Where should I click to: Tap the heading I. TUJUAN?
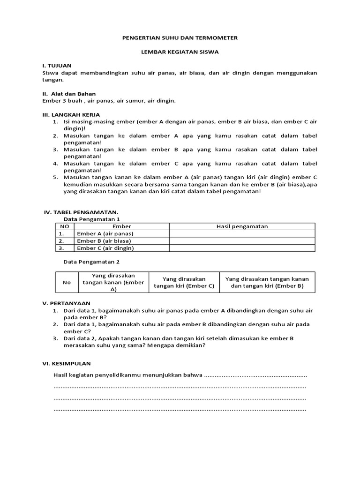pyautogui.click(x=57, y=66)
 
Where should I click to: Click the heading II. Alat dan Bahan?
pyautogui.click(x=69, y=94)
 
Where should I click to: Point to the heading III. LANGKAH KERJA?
pyautogui.click(x=71, y=115)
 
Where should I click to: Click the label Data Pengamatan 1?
pyautogui.click(x=92, y=219)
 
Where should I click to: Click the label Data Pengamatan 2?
pyautogui.click(x=92, y=262)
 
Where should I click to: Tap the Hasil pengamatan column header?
pyautogui.click(x=242, y=226)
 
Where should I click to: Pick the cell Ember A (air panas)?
pyautogui.click(x=105, y=233)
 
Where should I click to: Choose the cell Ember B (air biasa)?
pyautogui.click(x=104, y=241)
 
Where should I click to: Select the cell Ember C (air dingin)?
pyautogui.click(x=105, y=248)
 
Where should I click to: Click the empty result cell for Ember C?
pyautogui.click(x=242, y=248)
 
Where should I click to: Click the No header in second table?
pyautogui.click(x=67, y=282)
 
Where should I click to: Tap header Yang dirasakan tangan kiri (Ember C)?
pyautogui.click(x=184, y=282)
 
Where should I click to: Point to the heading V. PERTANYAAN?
pyautogui.click(x=67, y=303)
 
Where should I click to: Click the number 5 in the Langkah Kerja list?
pyautogui.click(x=55, y=177)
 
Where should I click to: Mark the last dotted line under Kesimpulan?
pyautogui.click(x=180, y=409)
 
